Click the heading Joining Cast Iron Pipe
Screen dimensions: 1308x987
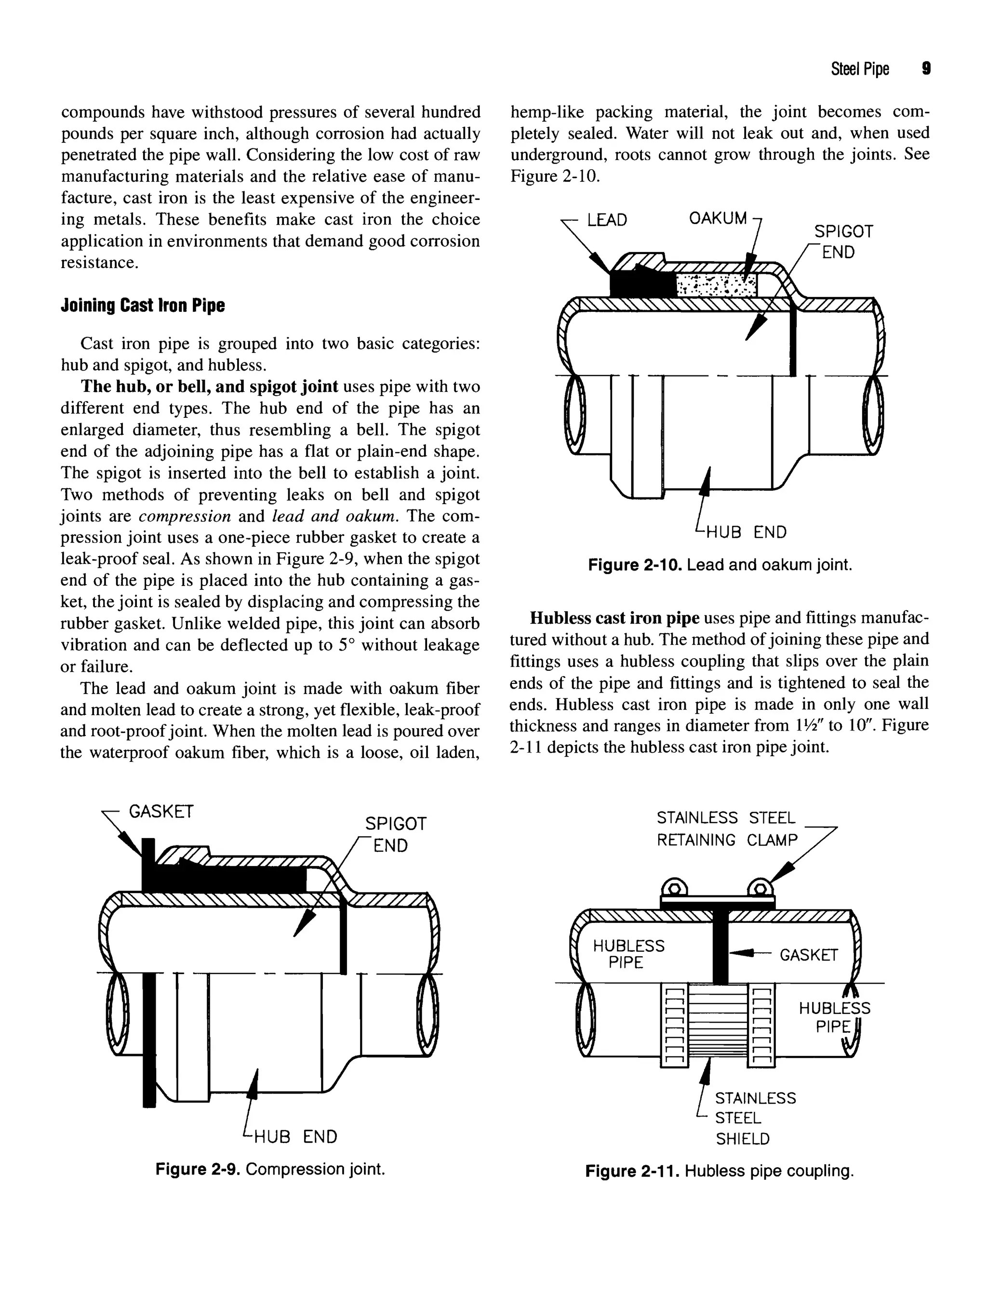pyautogui.click(x=143, y=306)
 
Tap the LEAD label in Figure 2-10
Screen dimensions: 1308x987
pyautogui.click(x=606, y=221)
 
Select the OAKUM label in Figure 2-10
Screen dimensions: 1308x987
pyautogui.click(x=717, y=218)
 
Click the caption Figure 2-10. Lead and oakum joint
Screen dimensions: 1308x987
pyautogui.click(x=720, y=565)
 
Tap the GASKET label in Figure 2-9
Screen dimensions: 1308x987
pyautogui.click(x=161, y=811)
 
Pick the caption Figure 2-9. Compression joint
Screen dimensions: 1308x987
pyautogui.click(x=270, y=1169)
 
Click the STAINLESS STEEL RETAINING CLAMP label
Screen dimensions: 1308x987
pyautogui.click(x=727, y=829)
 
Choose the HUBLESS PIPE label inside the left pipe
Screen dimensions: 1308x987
pyautogui.click(x=628, y=954)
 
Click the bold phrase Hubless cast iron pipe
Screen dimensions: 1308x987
pyautogui.click(x=614, y=618)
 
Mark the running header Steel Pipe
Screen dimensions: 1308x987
pyautogui.click(x=859, y=69)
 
